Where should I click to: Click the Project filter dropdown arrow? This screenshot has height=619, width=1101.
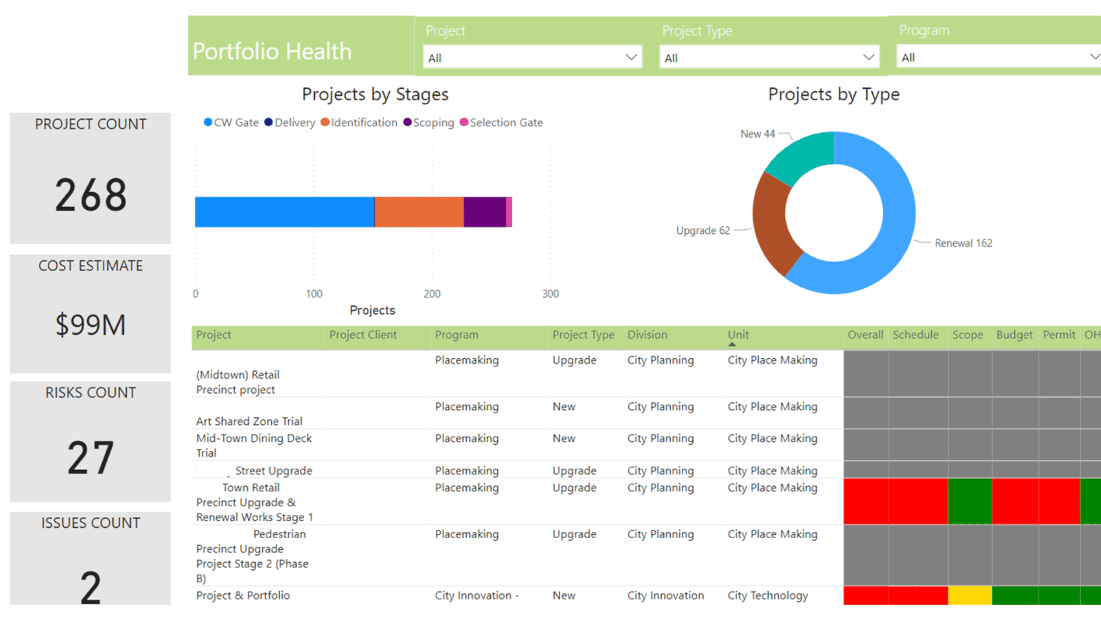(631, 57)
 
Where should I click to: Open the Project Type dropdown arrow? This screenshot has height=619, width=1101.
(868, 57)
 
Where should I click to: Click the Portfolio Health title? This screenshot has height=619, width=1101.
(272, 52)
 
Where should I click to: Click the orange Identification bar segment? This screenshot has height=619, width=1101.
(419, 212)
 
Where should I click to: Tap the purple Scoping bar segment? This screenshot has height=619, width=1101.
(485, 212)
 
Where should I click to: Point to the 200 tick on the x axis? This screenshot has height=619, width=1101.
(432, 294)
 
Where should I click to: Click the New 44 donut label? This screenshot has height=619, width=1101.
(757, 134)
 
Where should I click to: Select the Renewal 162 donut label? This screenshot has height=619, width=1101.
(963, 243)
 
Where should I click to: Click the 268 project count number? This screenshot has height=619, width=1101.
(91, 195)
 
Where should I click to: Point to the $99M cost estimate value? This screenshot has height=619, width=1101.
(91, 325)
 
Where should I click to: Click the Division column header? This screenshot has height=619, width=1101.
(647, 335)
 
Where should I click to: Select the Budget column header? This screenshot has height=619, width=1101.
(1014, 335)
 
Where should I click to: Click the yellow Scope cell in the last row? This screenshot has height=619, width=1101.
(970, 596)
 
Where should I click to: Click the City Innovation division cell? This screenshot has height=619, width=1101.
(665, 596)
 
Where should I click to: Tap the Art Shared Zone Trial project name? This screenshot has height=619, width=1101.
(249, 421)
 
